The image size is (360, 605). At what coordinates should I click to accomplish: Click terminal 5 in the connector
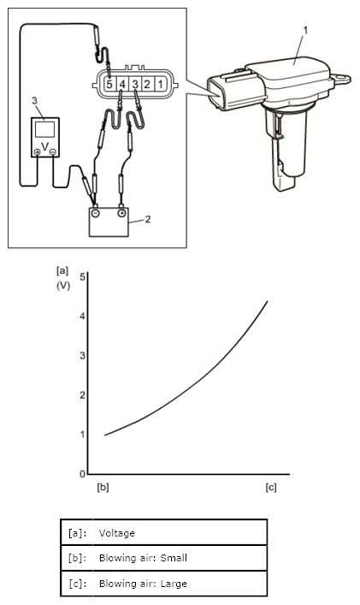point(109,83)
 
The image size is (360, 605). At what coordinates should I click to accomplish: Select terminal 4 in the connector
point(122,83)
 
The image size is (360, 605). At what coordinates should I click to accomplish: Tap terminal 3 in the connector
point(135,83)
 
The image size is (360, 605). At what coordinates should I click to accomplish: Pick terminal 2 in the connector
point(147,83)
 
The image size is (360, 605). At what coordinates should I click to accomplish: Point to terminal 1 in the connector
point(160,83)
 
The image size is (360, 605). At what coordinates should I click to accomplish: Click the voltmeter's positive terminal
point(38,152)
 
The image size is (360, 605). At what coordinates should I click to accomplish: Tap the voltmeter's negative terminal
point(53,152)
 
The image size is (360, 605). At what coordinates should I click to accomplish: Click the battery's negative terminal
point(96,213)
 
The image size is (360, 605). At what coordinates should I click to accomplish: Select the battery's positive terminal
point(121,213)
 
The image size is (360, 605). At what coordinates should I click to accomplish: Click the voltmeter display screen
point(44,129)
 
